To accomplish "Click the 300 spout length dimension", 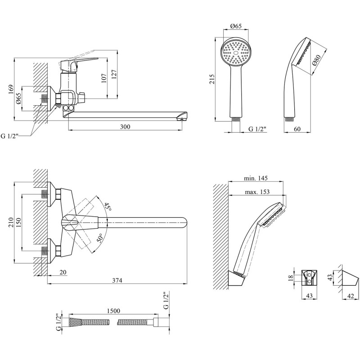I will (x=125, y=127).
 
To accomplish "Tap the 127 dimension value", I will (x=114, y=75).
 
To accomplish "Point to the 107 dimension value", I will (x=104, y=78).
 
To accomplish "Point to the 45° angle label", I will (x=108, y=207).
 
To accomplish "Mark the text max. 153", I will (x=257, y=192).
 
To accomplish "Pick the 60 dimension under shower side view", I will (x=297, y=129).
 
